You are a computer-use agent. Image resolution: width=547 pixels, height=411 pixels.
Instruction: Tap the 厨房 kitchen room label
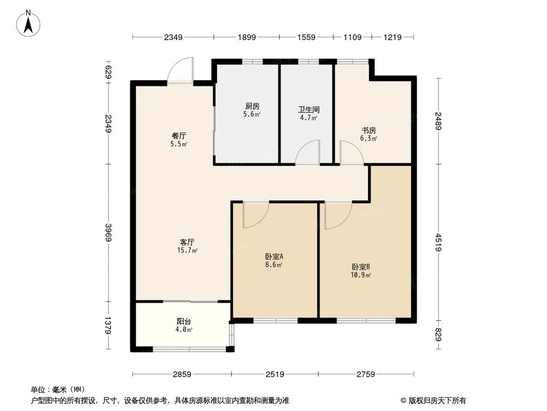click(252, 106)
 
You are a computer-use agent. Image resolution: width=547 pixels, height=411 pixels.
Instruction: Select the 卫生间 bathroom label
click(309, 109)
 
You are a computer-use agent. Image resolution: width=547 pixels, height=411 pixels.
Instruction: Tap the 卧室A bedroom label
click(273, 256)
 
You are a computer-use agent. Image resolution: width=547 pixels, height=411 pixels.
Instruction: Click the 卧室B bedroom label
click(361, 267)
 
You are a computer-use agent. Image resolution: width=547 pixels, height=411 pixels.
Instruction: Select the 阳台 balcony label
click(184, 322)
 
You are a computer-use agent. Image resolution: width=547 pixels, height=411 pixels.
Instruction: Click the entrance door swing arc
click(179, 70)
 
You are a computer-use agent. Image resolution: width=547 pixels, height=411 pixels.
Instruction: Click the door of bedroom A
click(255, 215)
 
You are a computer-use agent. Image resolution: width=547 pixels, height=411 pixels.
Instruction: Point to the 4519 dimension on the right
click(438, 242)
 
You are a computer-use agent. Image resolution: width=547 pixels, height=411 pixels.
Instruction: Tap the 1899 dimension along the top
click(247, 37)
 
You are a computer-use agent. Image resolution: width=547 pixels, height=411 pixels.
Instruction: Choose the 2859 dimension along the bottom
click(182, 374)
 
